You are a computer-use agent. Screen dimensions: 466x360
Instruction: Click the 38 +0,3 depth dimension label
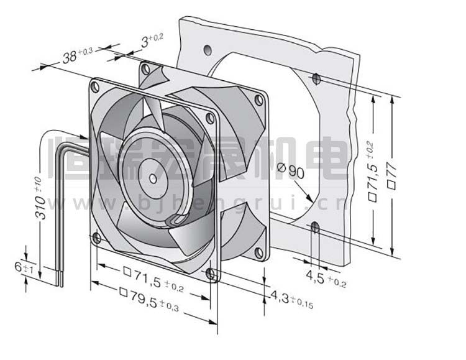(x=78, y=55)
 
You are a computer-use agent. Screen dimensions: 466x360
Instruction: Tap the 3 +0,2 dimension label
(x=152, y=40)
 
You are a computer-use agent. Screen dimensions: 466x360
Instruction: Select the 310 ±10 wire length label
(x=40, y=198)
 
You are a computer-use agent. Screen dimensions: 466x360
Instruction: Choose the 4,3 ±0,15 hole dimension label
(x=291, y=299)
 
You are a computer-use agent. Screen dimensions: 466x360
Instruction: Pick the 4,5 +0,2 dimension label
(x=326, y=279)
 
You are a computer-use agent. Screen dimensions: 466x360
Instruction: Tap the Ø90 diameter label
(x=290, y=170)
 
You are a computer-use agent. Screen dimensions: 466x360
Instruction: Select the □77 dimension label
(x=392, y=175)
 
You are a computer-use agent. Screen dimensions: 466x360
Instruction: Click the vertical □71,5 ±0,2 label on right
(x=373, y=172)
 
